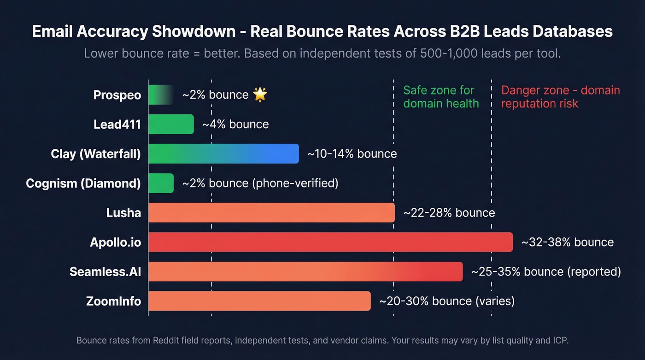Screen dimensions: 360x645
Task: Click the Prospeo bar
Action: (159, 95)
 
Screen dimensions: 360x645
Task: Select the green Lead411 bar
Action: (171, 124)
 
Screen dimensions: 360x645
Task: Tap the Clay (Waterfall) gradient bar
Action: (223, 154)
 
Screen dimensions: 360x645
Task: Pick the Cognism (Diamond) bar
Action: (161, 183)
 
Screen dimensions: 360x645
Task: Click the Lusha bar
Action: (271, 213)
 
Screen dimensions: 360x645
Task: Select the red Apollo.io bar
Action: (330, 242)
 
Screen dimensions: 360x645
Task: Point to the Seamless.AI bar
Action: (305, 272)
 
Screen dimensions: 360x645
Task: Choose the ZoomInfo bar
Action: (259, 301)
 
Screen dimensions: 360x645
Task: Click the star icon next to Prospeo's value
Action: (260, 95)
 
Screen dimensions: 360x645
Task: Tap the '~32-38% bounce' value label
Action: (567, 242)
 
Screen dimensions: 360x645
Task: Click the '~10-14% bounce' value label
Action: (352, 154)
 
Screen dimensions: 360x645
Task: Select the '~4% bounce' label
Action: (235, 124)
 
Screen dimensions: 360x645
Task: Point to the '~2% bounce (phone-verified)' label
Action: (260, 183)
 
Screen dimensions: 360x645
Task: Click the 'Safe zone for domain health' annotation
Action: (441, 97)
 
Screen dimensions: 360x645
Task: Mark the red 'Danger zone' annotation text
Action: (560, 97)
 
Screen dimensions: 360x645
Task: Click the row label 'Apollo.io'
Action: (115, 242)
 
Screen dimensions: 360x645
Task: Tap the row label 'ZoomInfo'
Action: (113, 301)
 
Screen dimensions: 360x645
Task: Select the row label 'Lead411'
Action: (117, 124)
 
